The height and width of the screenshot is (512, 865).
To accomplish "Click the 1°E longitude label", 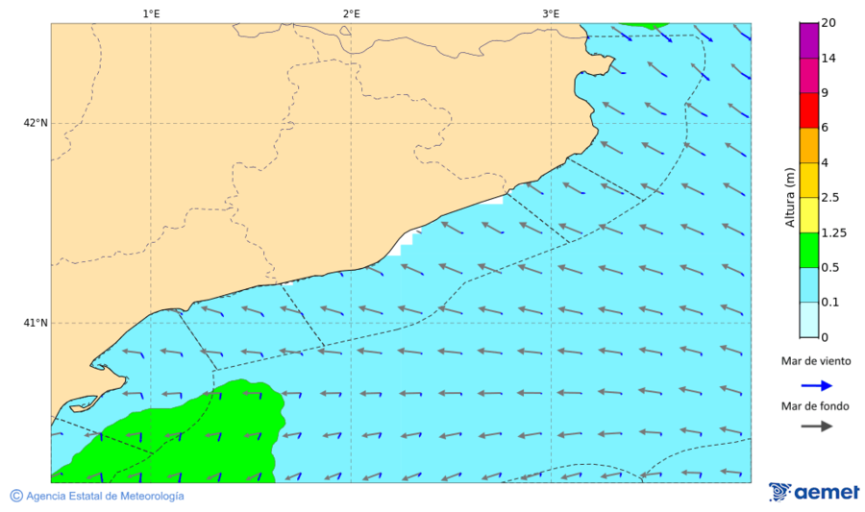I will coord(151,13).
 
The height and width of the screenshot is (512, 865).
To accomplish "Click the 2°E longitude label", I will coord(351,13).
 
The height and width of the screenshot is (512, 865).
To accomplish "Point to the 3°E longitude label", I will coord(551,13).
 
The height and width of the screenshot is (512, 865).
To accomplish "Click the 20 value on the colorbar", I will coord(828,24).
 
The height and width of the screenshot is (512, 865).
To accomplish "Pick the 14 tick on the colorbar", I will coord(828,59).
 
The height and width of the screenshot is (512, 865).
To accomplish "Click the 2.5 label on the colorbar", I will coord(831,198).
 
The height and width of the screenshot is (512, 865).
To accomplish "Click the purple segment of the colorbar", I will coord(808,40).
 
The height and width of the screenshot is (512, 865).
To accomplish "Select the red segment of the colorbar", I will coord(808,110).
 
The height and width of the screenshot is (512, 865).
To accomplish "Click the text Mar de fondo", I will coord(815,406).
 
